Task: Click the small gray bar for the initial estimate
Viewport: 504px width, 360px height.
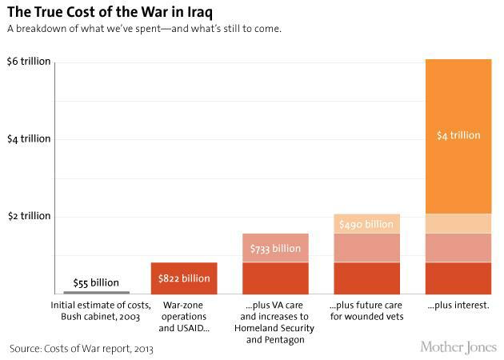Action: point(96,292)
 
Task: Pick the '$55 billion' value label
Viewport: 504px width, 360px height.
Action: point(96,282)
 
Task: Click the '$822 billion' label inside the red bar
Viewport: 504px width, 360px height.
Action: point(184,278)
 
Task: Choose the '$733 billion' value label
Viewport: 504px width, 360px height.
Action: point(275,249)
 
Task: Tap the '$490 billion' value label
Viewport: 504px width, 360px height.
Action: point(366,225)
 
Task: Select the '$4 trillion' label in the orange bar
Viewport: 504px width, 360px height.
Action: point(458,135)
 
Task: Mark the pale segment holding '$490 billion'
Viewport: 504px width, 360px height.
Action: point(366,224)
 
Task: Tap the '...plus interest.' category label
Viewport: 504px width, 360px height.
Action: point(458,306)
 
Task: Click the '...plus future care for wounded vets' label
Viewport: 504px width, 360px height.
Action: point(366,311)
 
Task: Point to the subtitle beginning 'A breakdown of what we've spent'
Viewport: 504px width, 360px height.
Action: point(144,30)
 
